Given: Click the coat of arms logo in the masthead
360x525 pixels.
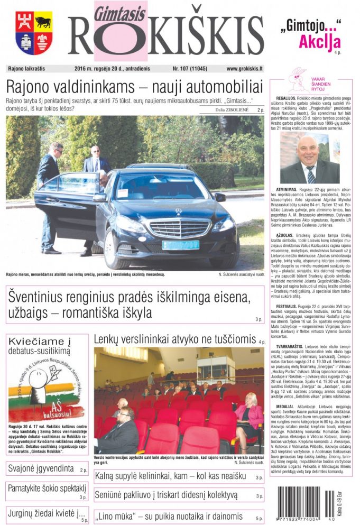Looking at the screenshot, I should tap(33, 33).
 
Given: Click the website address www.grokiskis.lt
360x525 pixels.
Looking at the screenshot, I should tap(244, 69).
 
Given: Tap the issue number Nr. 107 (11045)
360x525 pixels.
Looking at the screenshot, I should tap(190, 69).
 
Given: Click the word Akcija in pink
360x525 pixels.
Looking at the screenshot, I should tap(319, 42).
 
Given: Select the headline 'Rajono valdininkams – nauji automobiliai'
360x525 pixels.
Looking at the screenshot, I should tap(134, 86).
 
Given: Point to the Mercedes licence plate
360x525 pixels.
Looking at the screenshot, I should tap(180, 245).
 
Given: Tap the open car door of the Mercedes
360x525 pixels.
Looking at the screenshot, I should tap(67, 204).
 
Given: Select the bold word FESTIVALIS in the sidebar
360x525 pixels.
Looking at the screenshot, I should tap(289, 306).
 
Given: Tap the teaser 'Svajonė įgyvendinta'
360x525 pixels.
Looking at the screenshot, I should tap(40, 468).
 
